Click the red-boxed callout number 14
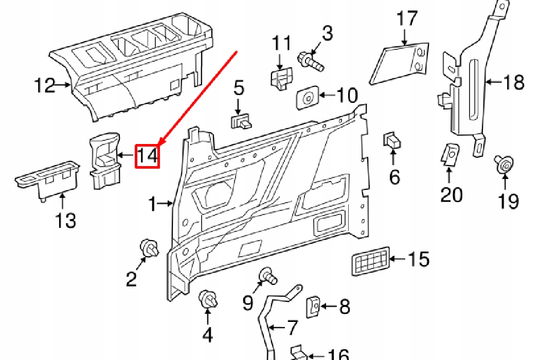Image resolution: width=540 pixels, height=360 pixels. [x=147, y=156]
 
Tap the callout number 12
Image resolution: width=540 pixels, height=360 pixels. [x=45, y=85]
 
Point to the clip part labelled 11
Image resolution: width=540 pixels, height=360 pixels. [x=281, y=78]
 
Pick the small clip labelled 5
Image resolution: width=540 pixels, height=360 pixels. [x=240, y=122]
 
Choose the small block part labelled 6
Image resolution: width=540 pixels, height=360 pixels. [x=392, y=141]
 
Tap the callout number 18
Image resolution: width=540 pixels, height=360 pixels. [x=513, y=82]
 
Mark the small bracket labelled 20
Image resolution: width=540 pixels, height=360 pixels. [x=451, y=154]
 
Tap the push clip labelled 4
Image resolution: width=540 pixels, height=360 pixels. [x=208, y=299]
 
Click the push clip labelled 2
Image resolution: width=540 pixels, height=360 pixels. [x=148, y=249]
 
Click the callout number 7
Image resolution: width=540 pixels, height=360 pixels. [x=292, y=327]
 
